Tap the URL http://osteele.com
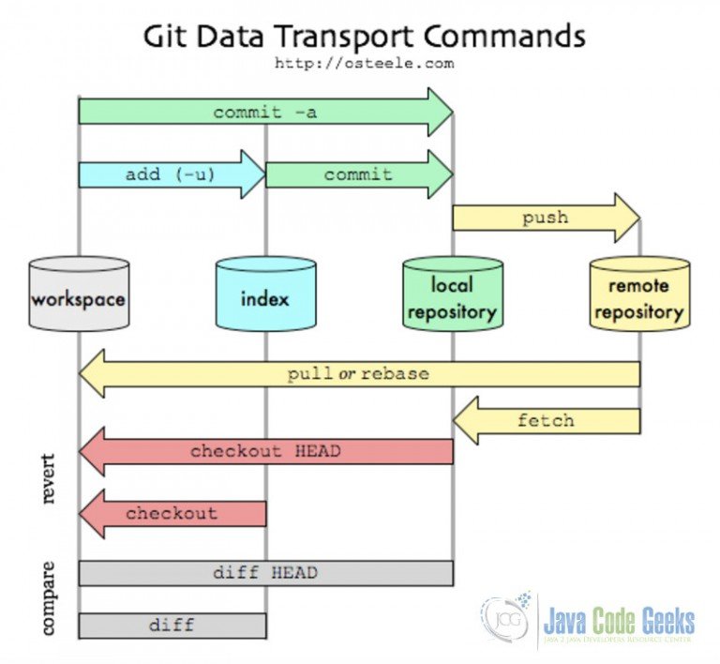click(364, 64)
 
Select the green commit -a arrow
click(265, 113)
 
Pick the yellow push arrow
click(546, 218)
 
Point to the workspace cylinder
click(78, 295)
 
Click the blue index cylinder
click(265, 295)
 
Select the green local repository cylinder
click(452, 295)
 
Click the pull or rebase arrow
click(358, 373)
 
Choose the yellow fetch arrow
click(546, 420)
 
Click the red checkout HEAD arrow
click(265, 451)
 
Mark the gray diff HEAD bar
click(265, 573)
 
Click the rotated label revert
click(50, 479)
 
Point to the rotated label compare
click(50, 596)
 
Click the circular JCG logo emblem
click(505, 620)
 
